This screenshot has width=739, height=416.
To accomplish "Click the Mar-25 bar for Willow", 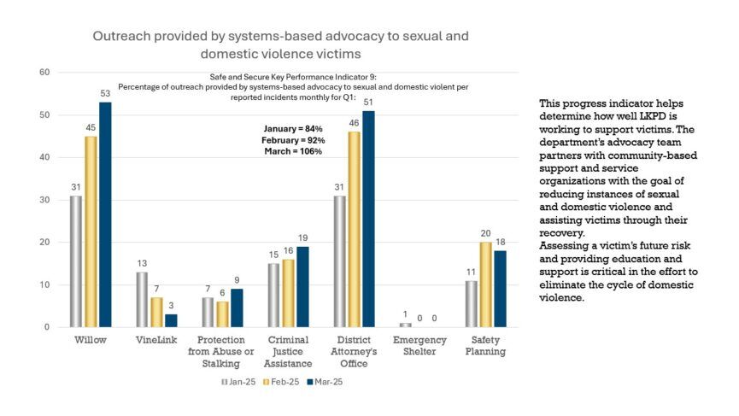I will (x=105, y=214).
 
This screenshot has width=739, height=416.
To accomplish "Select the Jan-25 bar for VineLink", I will (x=142, y=299).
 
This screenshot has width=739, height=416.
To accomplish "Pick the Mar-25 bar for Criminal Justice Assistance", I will (x=302, y=286).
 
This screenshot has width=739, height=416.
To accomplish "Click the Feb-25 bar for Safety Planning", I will (x=485, y=284).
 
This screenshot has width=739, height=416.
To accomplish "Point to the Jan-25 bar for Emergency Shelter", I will (x=406, y=325).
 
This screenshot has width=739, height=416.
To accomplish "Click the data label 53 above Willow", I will (x=105, y=94).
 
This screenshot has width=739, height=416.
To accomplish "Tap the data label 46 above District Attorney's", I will (x=353, y=124).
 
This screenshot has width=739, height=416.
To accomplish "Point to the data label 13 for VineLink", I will (x=142, y=264).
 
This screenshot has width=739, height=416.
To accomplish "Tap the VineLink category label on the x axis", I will (x=155, y=339).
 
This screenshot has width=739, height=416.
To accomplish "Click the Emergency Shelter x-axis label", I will (x=419, y=345).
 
